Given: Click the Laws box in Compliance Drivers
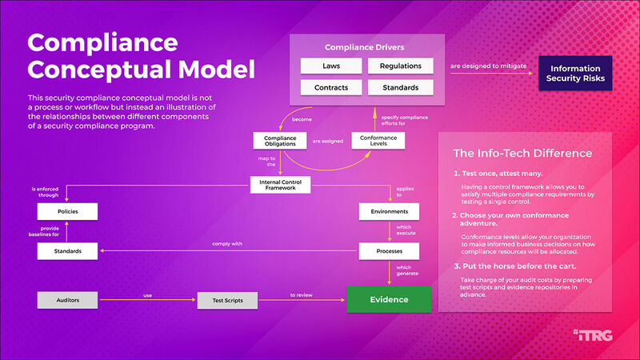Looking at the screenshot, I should point(331,66).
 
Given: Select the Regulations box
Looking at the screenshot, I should point(400,66).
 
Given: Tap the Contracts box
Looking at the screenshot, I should point(331,87).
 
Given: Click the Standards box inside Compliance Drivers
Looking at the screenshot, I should point(400,87).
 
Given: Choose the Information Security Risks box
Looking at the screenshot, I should point(575,72).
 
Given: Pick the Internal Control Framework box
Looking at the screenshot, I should point(280,185).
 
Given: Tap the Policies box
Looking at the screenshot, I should point(68,212).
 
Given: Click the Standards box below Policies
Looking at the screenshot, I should point(68,251).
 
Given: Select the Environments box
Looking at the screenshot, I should point(389,212).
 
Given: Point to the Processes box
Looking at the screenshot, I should point(389,251).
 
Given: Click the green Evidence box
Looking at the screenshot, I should point(389,300).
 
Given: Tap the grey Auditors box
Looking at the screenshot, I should point(68,301).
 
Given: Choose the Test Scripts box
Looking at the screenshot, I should point(228,301).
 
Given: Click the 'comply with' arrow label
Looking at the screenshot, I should point(228,243).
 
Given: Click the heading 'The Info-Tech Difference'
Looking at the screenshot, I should point(522,153).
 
